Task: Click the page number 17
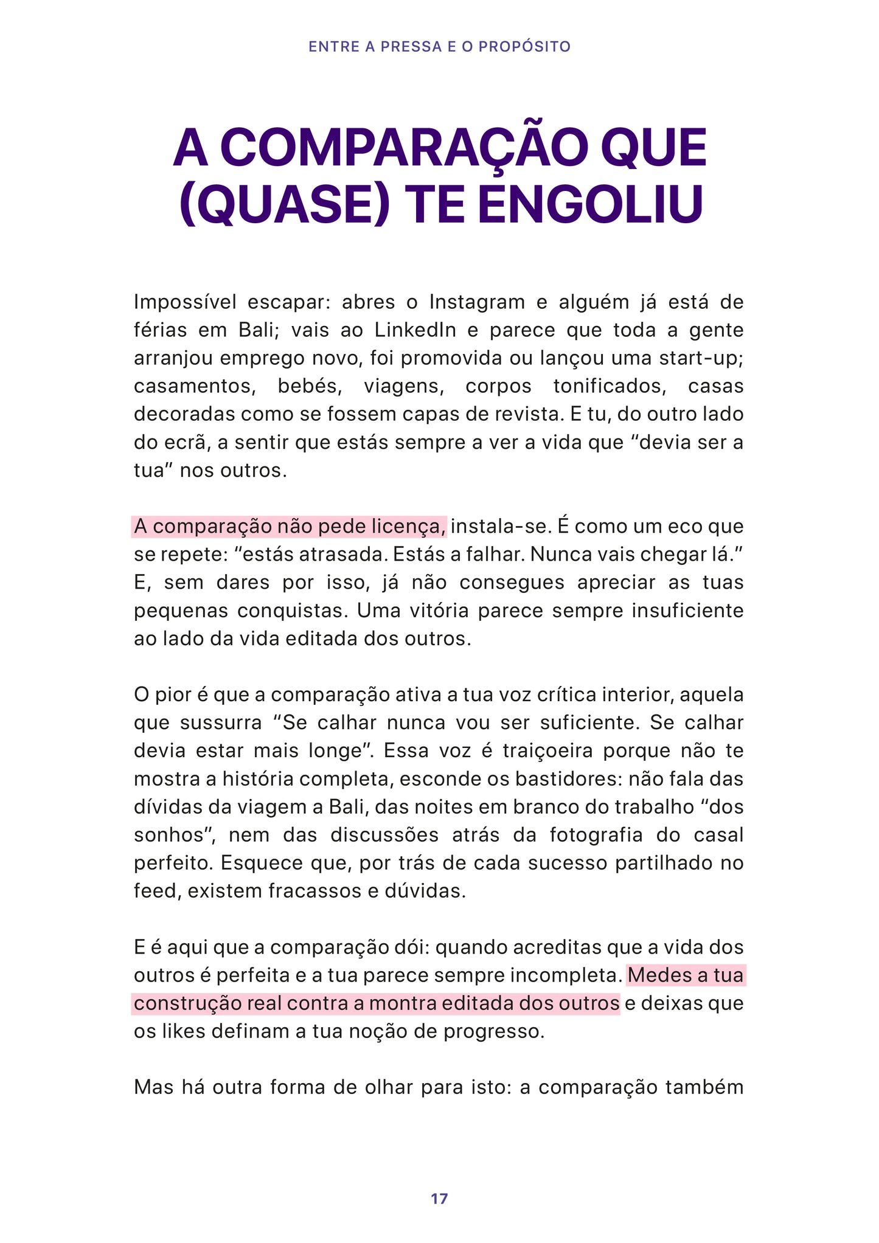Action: [x=439, y=1199]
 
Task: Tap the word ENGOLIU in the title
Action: [x=590, y=204]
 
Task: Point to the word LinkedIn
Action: [x=415, y=330]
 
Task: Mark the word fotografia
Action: [x=596, y=834]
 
